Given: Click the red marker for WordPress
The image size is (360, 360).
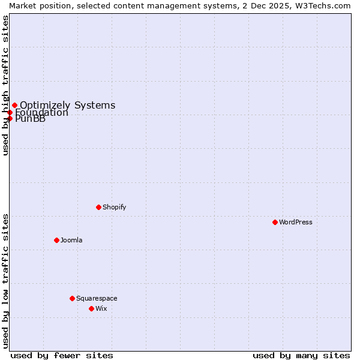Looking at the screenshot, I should [x=275, y=222].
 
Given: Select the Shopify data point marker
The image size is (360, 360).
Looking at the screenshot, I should [x=98, y=207].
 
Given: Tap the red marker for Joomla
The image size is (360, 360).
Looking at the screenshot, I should [x=56, y=240].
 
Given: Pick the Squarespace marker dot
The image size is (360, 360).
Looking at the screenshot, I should [x=72, y=298].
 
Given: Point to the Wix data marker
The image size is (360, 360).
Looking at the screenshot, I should [x=91, y=308].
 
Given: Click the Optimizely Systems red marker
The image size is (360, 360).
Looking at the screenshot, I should [x=14, y=106].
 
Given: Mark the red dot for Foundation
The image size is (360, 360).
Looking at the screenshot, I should [x=10, y=112].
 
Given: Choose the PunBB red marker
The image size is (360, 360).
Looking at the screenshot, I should [x=10, y=118].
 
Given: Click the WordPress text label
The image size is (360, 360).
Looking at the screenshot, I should [x=296, y=222].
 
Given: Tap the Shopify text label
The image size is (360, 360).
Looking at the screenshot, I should [x=114, y=207].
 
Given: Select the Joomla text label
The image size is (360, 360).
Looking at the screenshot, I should [x=71, y=240].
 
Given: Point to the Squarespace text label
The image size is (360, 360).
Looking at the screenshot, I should [x=97, y=298].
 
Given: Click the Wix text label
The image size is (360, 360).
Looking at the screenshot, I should [x=101, y=308].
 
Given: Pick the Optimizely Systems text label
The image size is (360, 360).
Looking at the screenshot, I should [x=67, y=106].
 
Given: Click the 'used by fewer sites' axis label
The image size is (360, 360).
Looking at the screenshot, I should [x=62, y=355].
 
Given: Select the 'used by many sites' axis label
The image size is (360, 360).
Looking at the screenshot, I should [x=301, y=355].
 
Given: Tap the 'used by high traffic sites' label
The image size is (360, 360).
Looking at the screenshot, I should [x=5, y=85].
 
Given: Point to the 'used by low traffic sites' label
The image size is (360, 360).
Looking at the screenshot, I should [x=5, y=280].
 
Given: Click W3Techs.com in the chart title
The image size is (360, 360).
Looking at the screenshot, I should [x=327, y=5].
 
